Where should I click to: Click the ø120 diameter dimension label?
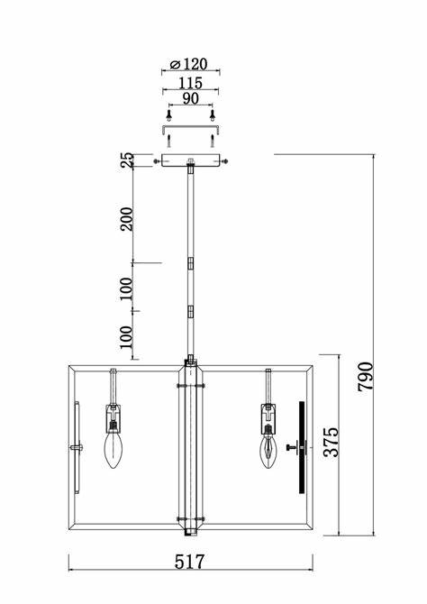(188, 64)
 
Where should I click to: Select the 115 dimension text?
(191, 83)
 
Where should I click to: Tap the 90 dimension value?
(191, 98)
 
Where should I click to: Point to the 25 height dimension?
(127, 160)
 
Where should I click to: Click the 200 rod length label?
(126, 219)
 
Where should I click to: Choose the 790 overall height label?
(365, 377)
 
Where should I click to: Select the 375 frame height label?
(331, 442)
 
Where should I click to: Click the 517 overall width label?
(189, 562)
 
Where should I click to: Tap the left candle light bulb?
(114, 449)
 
